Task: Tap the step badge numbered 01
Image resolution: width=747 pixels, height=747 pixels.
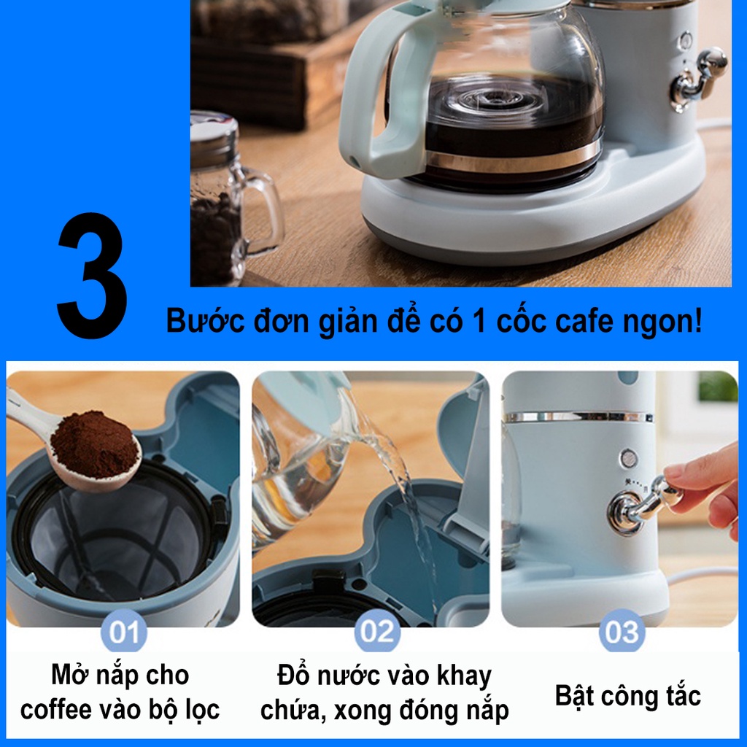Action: [123, 632]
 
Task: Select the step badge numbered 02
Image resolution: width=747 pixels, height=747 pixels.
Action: [377, 632]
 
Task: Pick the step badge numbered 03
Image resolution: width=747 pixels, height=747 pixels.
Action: [622, 632]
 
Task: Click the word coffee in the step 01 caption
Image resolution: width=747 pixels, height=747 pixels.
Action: [56, 709]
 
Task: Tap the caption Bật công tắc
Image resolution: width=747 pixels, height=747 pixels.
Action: [627, 695]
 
